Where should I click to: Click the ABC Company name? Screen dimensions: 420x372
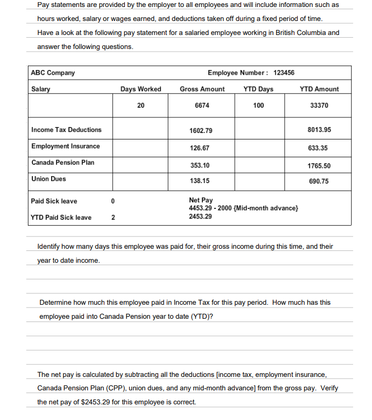(x=53, y=73)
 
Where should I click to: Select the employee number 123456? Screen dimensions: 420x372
(x=284, y=73)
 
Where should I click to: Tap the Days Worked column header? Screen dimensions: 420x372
(x=141, y=89)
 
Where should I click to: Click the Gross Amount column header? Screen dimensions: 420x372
(x=202, y=89)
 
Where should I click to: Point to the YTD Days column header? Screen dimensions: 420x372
(x=258, y=89)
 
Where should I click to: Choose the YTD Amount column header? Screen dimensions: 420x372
(x=319, y=89)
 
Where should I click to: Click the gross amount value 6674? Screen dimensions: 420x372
(x=202, y=106)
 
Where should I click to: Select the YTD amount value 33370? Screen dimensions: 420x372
(x=319, y=106)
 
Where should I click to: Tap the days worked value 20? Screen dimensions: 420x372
(x=141, y=106)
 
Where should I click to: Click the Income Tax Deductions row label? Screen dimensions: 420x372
(x=66, y=130)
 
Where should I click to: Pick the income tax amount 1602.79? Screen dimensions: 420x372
(x=201, y=131)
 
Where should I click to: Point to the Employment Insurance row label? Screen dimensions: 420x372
(x=65, y=146)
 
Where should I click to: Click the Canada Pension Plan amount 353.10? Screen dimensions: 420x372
(x=200, y=165)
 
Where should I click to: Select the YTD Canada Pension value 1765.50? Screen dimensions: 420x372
(x=319, y=166)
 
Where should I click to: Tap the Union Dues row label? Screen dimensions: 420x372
(x=48, y=179)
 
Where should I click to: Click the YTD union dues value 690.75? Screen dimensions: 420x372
(x=319, y=181)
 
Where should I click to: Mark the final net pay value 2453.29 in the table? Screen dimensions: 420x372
(x=200, y=216)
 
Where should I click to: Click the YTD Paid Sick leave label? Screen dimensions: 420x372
(x=61, y=218)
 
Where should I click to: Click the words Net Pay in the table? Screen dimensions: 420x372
(x=201, y=200)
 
